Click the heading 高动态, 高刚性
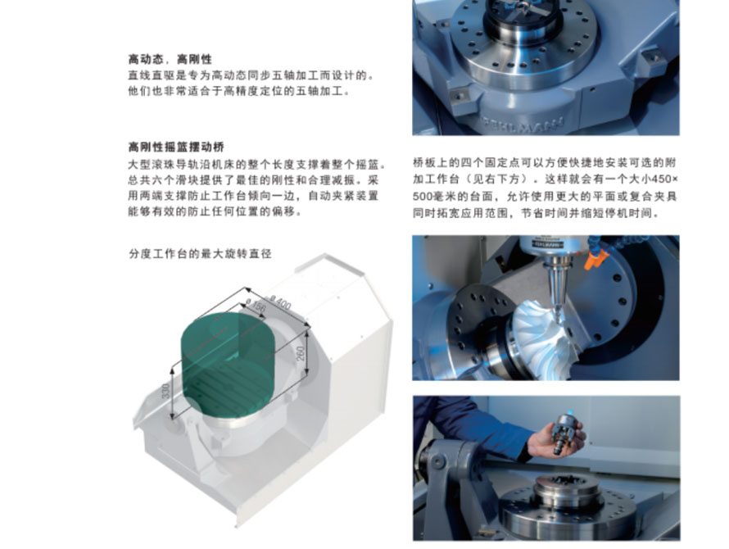pyautogui.click(x=170, y=59)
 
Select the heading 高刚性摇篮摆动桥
pyautogui.click(x=176, y=147)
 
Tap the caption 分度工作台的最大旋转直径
pyautogui.click(x=200, y=253)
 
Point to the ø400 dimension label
pyautogui.click(x=280, y=302)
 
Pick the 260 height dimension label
pyautogui.click(x=301, y=353)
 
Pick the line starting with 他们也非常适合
pyautogui.click(x=239, y=91)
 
